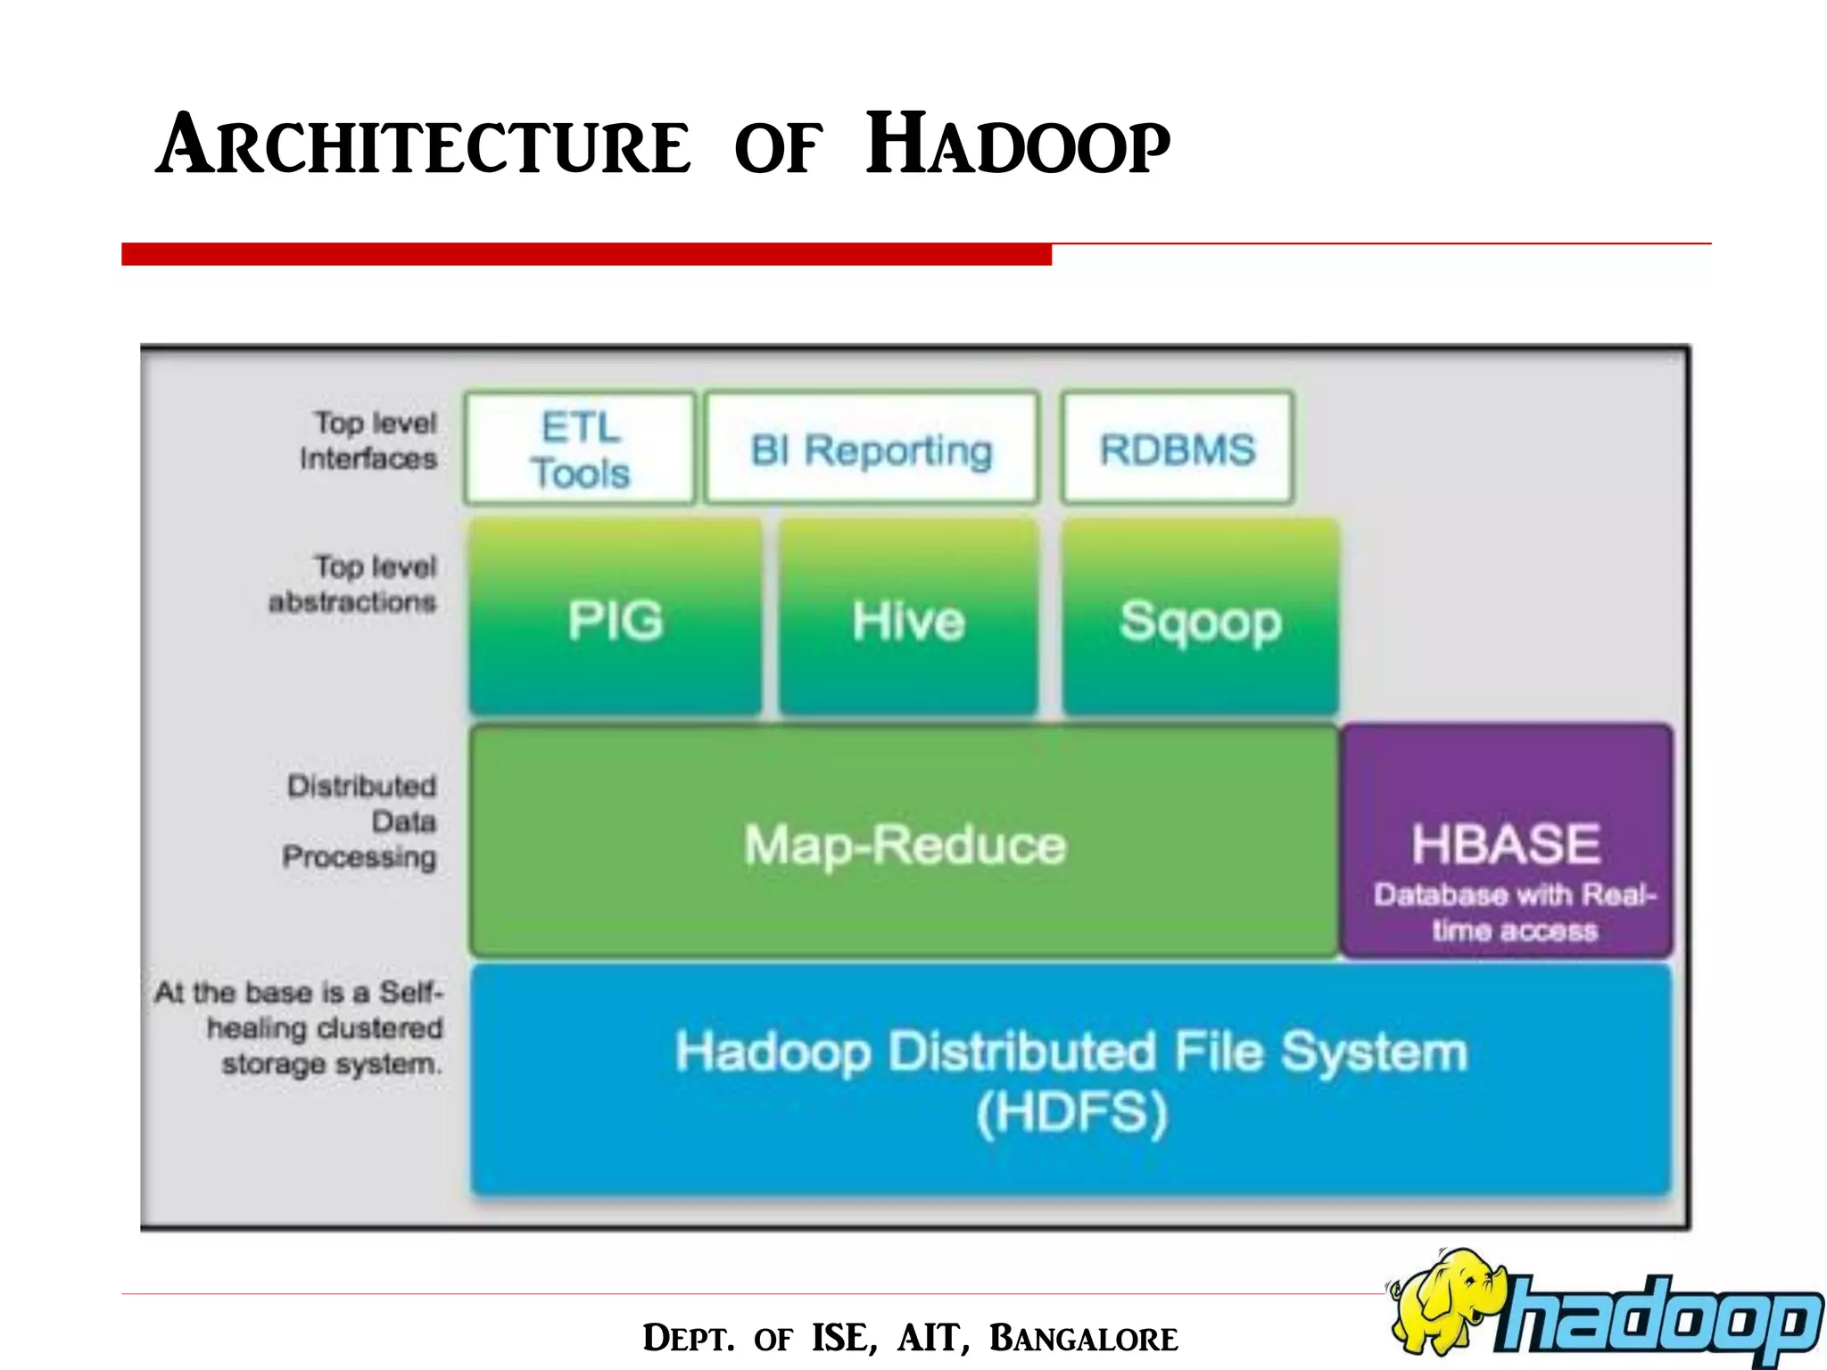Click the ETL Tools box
click(580, 449)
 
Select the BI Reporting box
click(872, 449)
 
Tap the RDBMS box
click(1177, 449)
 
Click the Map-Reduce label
click(905, 844)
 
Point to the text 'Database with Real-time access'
click(1515, 912)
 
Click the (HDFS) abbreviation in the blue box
click(1071, 1112)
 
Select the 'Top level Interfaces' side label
click(369, 440)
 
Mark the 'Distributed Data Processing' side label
click(360, 821)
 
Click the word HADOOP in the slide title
click(1018, 145)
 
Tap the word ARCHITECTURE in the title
click(424, 145)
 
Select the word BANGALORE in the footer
click(1083, 1338)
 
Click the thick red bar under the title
click(586, 254)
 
